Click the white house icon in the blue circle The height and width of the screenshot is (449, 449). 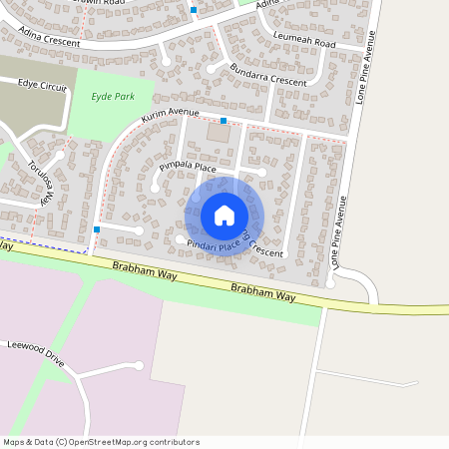pyautogui.click(x=224, y=216)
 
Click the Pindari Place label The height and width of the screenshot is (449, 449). pyautogui.click(x=215, y=243)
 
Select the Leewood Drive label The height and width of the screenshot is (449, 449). pyautogui.click(x=35, y=352)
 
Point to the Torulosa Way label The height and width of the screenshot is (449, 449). pyautogui.click(x=39, y=181)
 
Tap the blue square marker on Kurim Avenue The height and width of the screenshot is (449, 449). pyautogui.click(x=224, y=121)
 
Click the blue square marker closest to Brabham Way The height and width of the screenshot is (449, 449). pyautogui.click(x=96, y=230)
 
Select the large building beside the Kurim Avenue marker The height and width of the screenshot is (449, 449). pyautogui.click(x=217, y=133)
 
